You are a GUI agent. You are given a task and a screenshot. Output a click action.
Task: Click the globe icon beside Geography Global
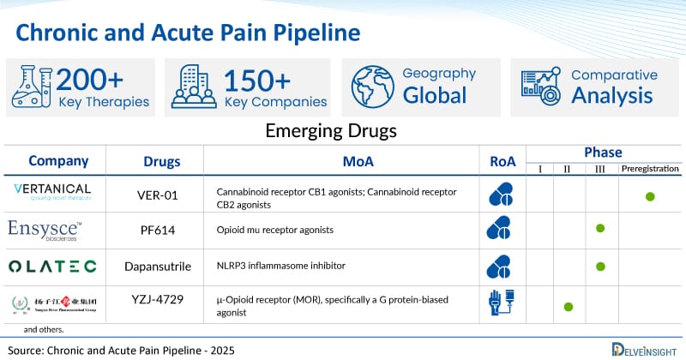[371, 87]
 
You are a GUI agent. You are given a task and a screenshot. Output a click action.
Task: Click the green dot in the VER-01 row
[650, 196]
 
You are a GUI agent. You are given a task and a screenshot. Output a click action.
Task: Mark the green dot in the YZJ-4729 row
[569, 305]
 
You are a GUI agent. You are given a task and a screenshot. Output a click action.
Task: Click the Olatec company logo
[53, 266]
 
